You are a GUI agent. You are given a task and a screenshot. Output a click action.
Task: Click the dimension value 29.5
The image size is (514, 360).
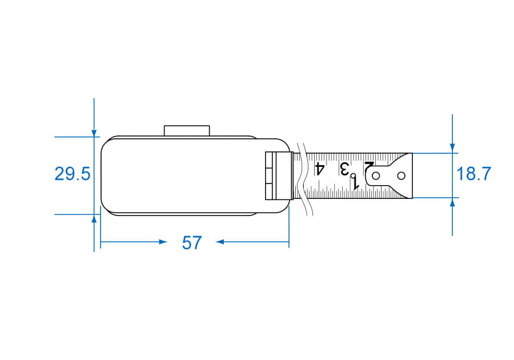tap(72, 174)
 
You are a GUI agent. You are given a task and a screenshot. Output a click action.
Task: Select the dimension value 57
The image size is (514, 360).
tap(192, 243)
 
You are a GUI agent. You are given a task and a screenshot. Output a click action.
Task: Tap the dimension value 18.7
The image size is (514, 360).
tap(473, 174)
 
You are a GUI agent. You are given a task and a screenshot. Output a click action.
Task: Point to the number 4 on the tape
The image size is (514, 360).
tap(320, 169)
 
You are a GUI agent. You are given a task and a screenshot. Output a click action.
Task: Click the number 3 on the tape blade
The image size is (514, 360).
tap(344, 169)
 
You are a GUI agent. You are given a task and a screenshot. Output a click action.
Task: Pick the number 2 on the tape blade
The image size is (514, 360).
tap(369, 168)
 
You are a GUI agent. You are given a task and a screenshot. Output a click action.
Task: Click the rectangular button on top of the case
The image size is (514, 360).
tap(187, 130)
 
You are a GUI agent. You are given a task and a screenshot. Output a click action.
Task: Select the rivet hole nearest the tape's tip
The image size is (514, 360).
tap(401, 176)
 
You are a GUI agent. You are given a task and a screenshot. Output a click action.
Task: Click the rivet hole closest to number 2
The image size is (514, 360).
tap(376, 176)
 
